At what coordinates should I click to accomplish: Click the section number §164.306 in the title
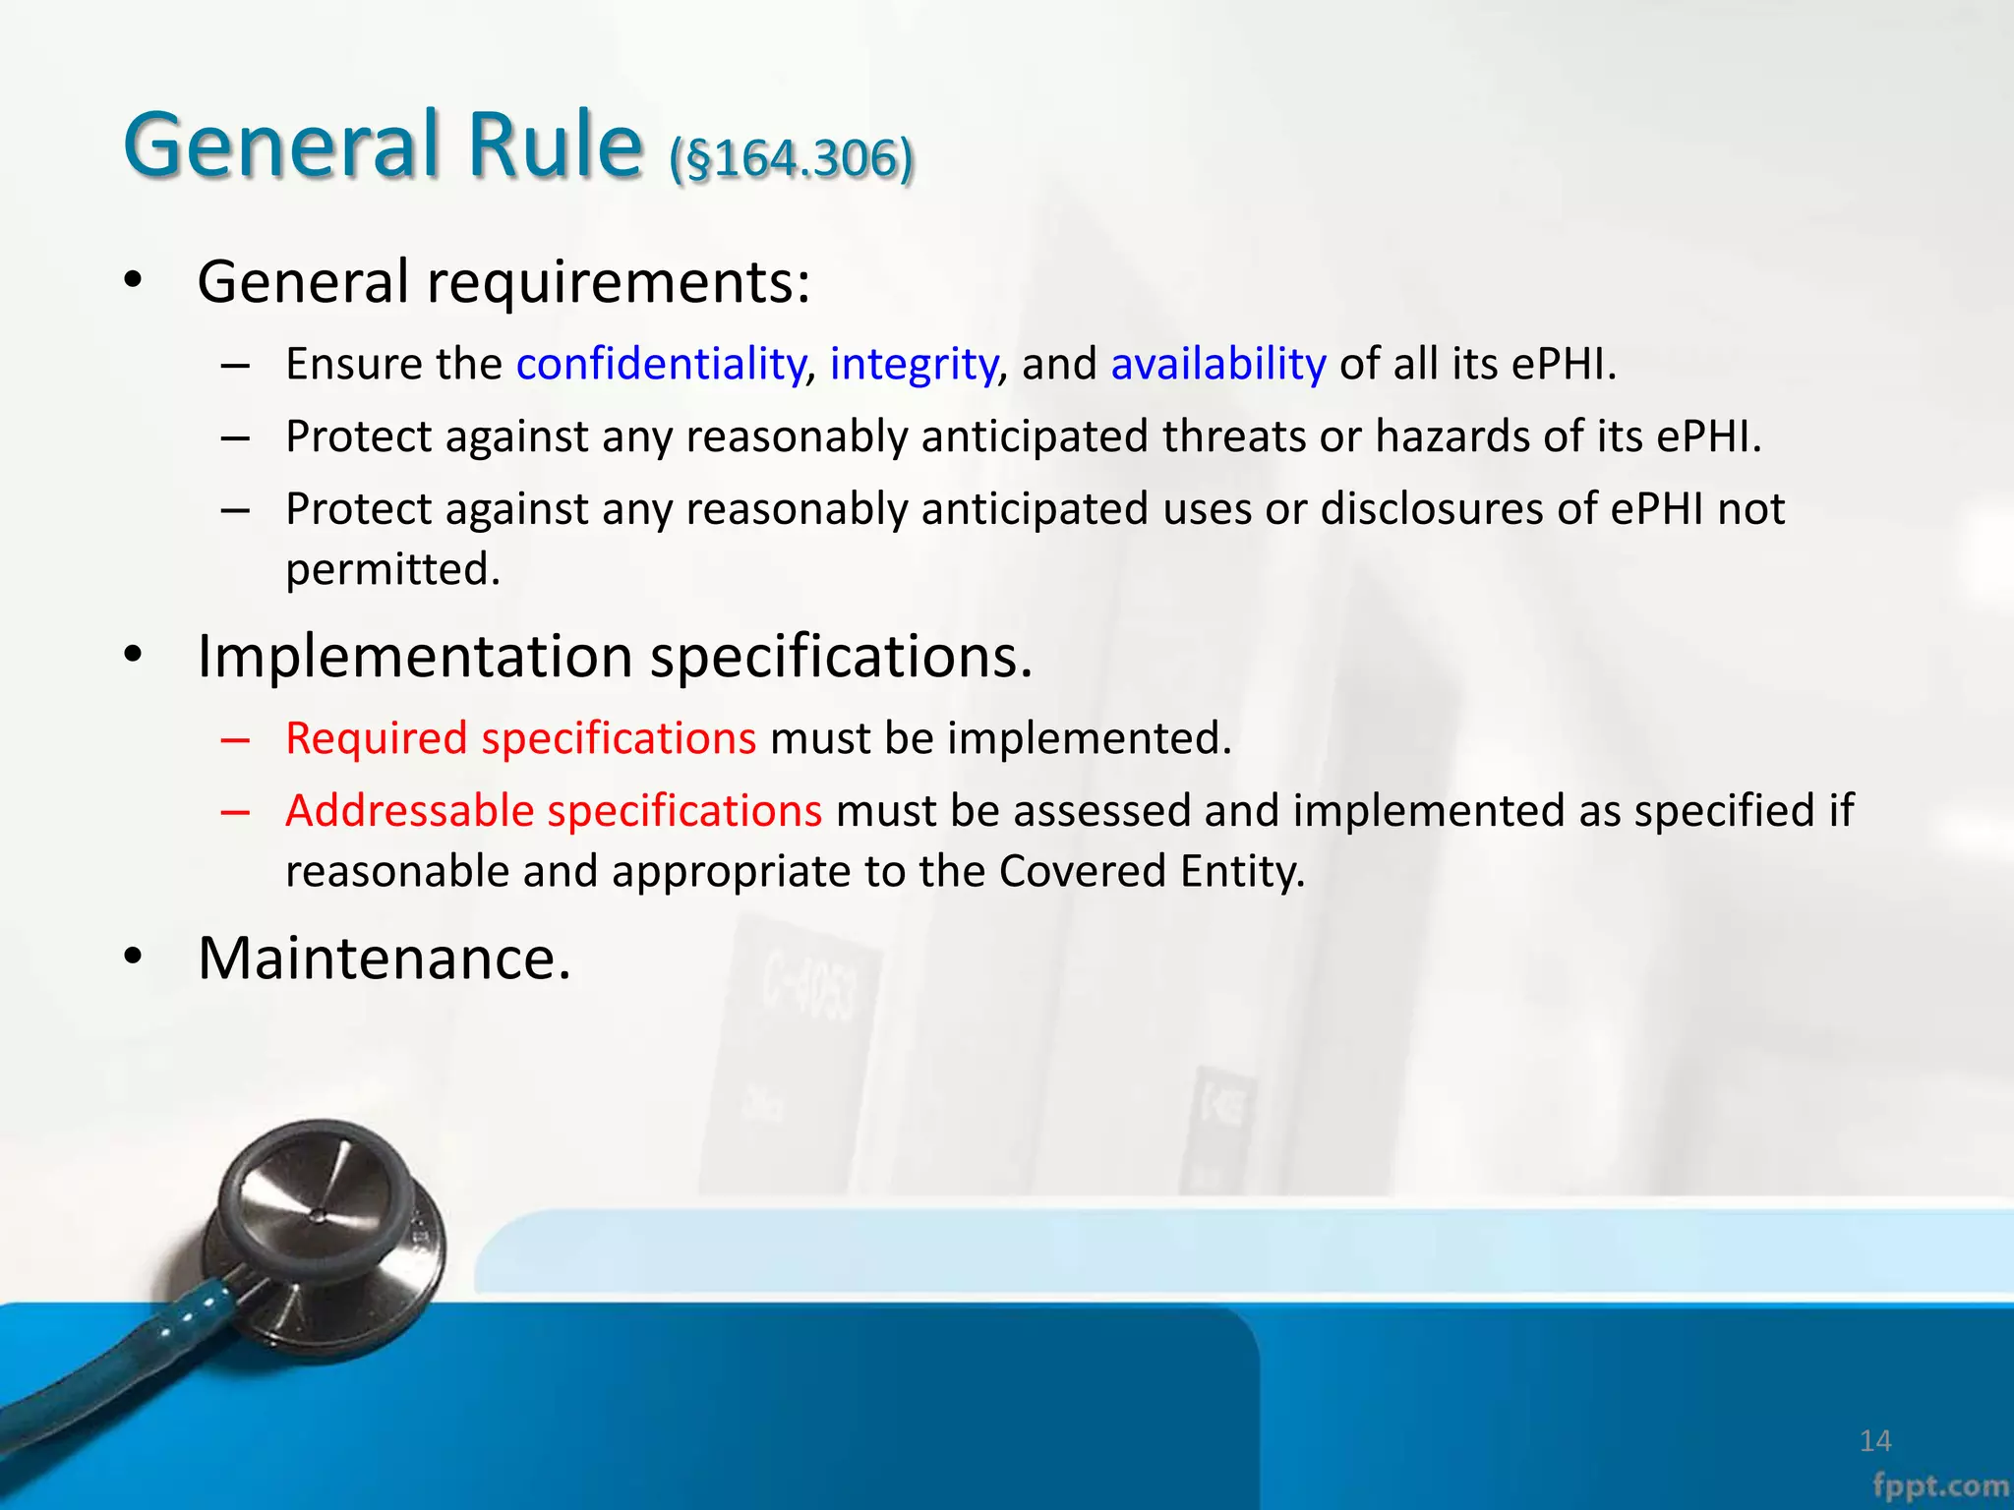tap(792, 157)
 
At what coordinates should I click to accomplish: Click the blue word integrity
tap(913, 364)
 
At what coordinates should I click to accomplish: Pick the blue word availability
tap(1218, 364)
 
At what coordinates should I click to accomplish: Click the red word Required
tap(377, 738)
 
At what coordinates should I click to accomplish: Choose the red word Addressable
tap(410, 811)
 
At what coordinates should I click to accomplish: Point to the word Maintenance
tap(384, 958)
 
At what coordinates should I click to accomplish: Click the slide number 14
tap(1875, 1441)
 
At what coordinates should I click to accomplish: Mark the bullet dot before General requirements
tap(134, 283)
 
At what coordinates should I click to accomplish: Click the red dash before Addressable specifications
tap(235, 812)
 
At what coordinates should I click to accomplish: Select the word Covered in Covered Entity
tap(1083, 872)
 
